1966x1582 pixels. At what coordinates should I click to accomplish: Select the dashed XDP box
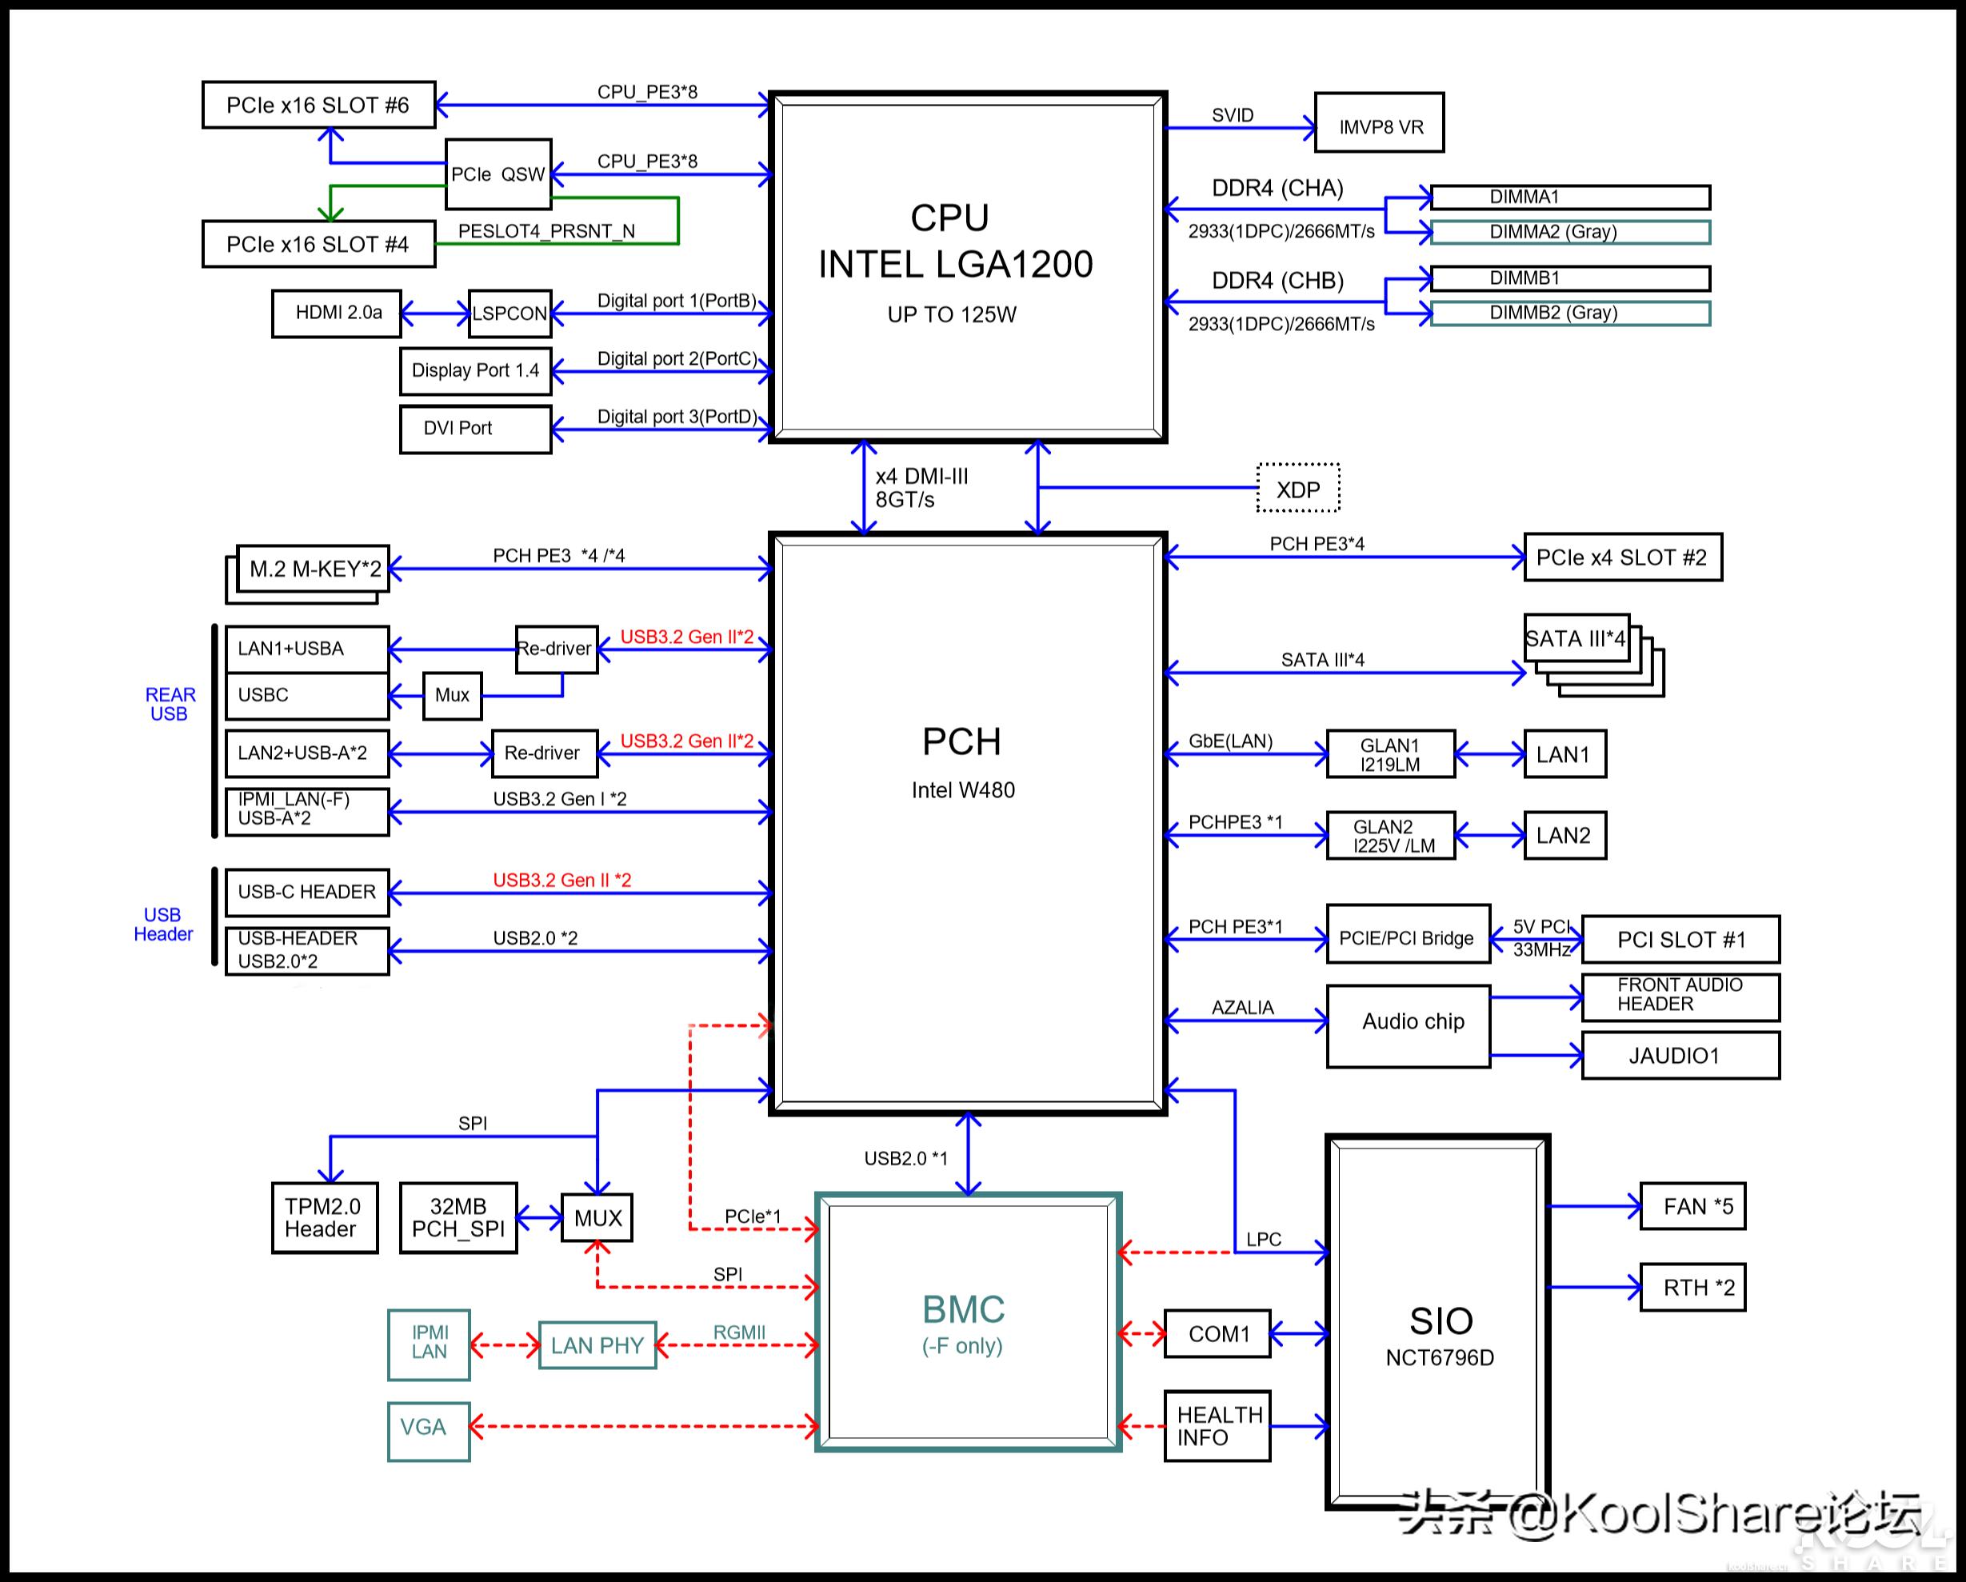click(x=1297, y=489)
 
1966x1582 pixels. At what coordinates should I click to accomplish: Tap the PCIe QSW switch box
click(x=497, y=174)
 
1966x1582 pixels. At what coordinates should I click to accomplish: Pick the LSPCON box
click(x=509, y=314)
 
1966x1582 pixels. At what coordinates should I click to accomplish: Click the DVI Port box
click(x=475, y=429)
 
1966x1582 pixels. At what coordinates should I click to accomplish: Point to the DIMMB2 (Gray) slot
click(x=1569, y=313)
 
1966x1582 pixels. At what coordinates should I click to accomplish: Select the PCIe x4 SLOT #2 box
click(x=1622, y=557)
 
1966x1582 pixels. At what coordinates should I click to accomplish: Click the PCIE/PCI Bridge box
click(x=1407, y=937)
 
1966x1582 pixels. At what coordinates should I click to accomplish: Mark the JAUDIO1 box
click(x=1680, y=1056)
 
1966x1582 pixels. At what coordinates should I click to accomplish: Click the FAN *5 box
click(x=1692, y=1206)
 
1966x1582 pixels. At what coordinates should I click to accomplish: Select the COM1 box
click(x=1217, y=1334)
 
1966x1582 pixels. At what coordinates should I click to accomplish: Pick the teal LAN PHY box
click(x=597, y=1345)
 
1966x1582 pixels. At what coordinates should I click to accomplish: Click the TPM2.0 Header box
click(x=325, y=1217)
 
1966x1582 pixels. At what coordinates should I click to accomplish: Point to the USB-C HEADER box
click(x=307, y=892)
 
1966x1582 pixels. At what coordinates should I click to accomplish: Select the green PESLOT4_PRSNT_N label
click(x=546, y=232)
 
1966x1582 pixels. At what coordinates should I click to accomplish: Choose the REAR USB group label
click(x=170, y=704)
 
